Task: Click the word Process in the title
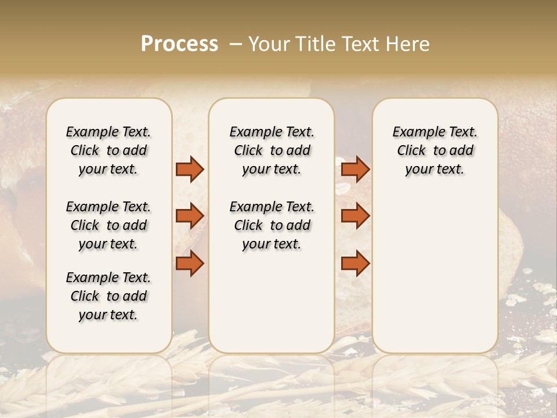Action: tap(179, 44)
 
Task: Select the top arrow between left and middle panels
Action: tap(190, 170)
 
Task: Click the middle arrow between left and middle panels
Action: tap(190, 216)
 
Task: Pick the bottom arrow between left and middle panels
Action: tap(190, 263)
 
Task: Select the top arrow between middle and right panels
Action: tap(355, 170)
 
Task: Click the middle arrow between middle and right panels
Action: tap(355, 216)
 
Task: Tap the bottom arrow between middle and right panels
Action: tap(355, 263)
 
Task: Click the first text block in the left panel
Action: tap(108, 150)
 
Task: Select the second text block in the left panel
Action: tap(108, 225)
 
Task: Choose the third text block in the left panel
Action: tap(108, 296)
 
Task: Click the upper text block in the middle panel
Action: tap(272, 150)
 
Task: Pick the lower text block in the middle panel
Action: tap(272, 225)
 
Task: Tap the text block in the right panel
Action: tap(435, 150)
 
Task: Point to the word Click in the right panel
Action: tap(411, 151)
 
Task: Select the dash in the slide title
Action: tap(236, 45)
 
